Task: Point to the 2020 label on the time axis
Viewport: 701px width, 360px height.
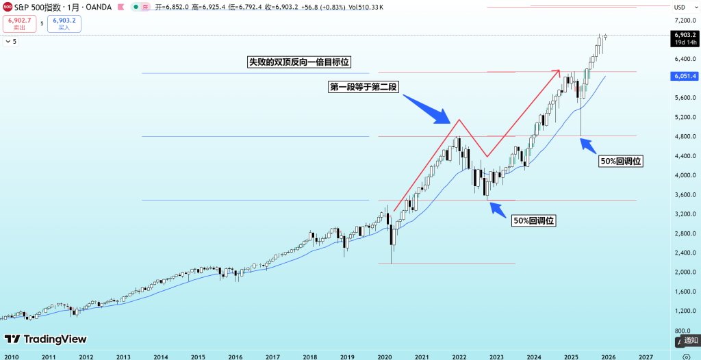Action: click(x=384, y=356)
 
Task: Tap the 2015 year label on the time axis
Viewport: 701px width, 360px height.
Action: click(x=198, y=356)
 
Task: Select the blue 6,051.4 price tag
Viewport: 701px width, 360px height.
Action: click(x=685, y=76)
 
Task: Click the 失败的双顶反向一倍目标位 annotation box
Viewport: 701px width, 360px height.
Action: click(x=298, y=62)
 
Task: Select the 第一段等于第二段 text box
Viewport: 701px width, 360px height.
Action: click(x=364, y=87)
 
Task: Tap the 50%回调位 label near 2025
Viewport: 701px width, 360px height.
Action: click(x=623, y=162)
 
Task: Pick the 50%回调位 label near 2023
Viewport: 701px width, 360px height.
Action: click(x=533, y=220)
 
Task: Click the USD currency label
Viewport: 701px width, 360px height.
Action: click(x=680, y=7)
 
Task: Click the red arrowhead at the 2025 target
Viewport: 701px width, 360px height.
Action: click(x=558, y=71)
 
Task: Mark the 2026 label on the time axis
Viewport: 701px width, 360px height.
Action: click(x=609, y=356)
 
